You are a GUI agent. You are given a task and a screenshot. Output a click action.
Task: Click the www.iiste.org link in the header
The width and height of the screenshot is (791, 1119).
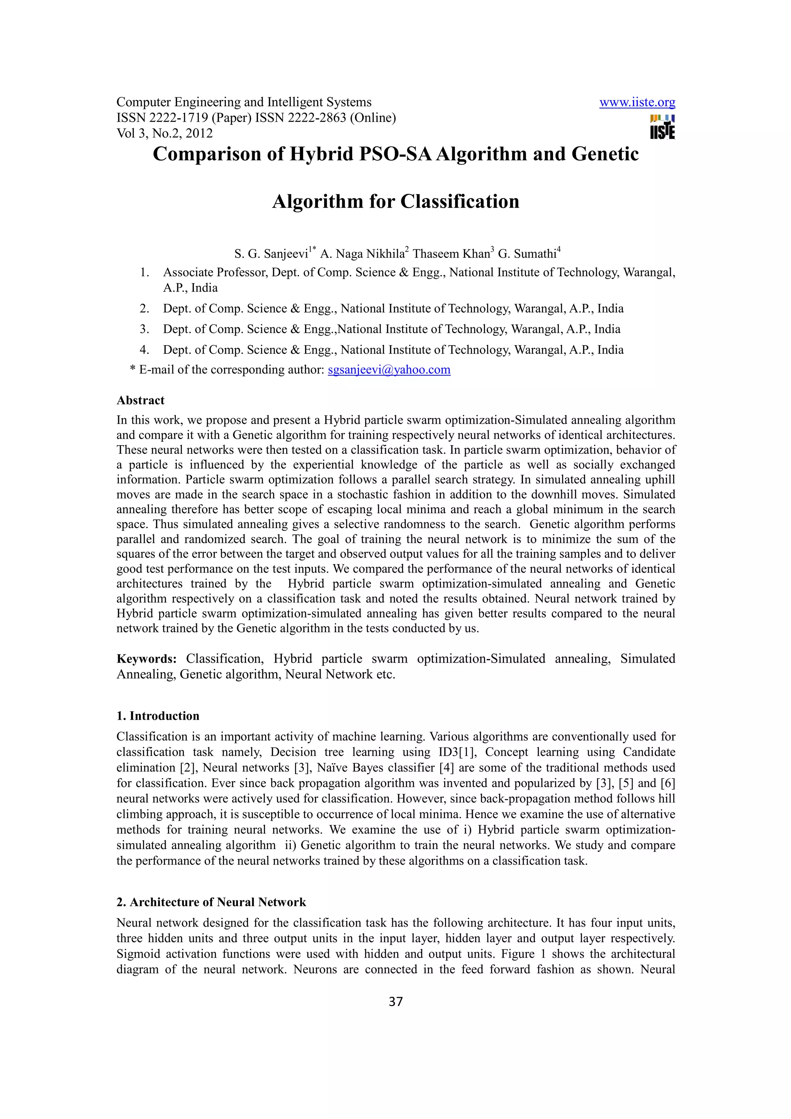637,102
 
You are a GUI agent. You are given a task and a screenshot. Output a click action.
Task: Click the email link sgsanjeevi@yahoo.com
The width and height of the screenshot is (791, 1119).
389,370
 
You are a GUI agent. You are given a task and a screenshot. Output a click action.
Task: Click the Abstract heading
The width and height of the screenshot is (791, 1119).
140,401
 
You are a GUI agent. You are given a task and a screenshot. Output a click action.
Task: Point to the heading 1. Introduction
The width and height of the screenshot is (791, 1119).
158,716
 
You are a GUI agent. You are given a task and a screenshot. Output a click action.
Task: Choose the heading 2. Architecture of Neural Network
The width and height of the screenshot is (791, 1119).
211,902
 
